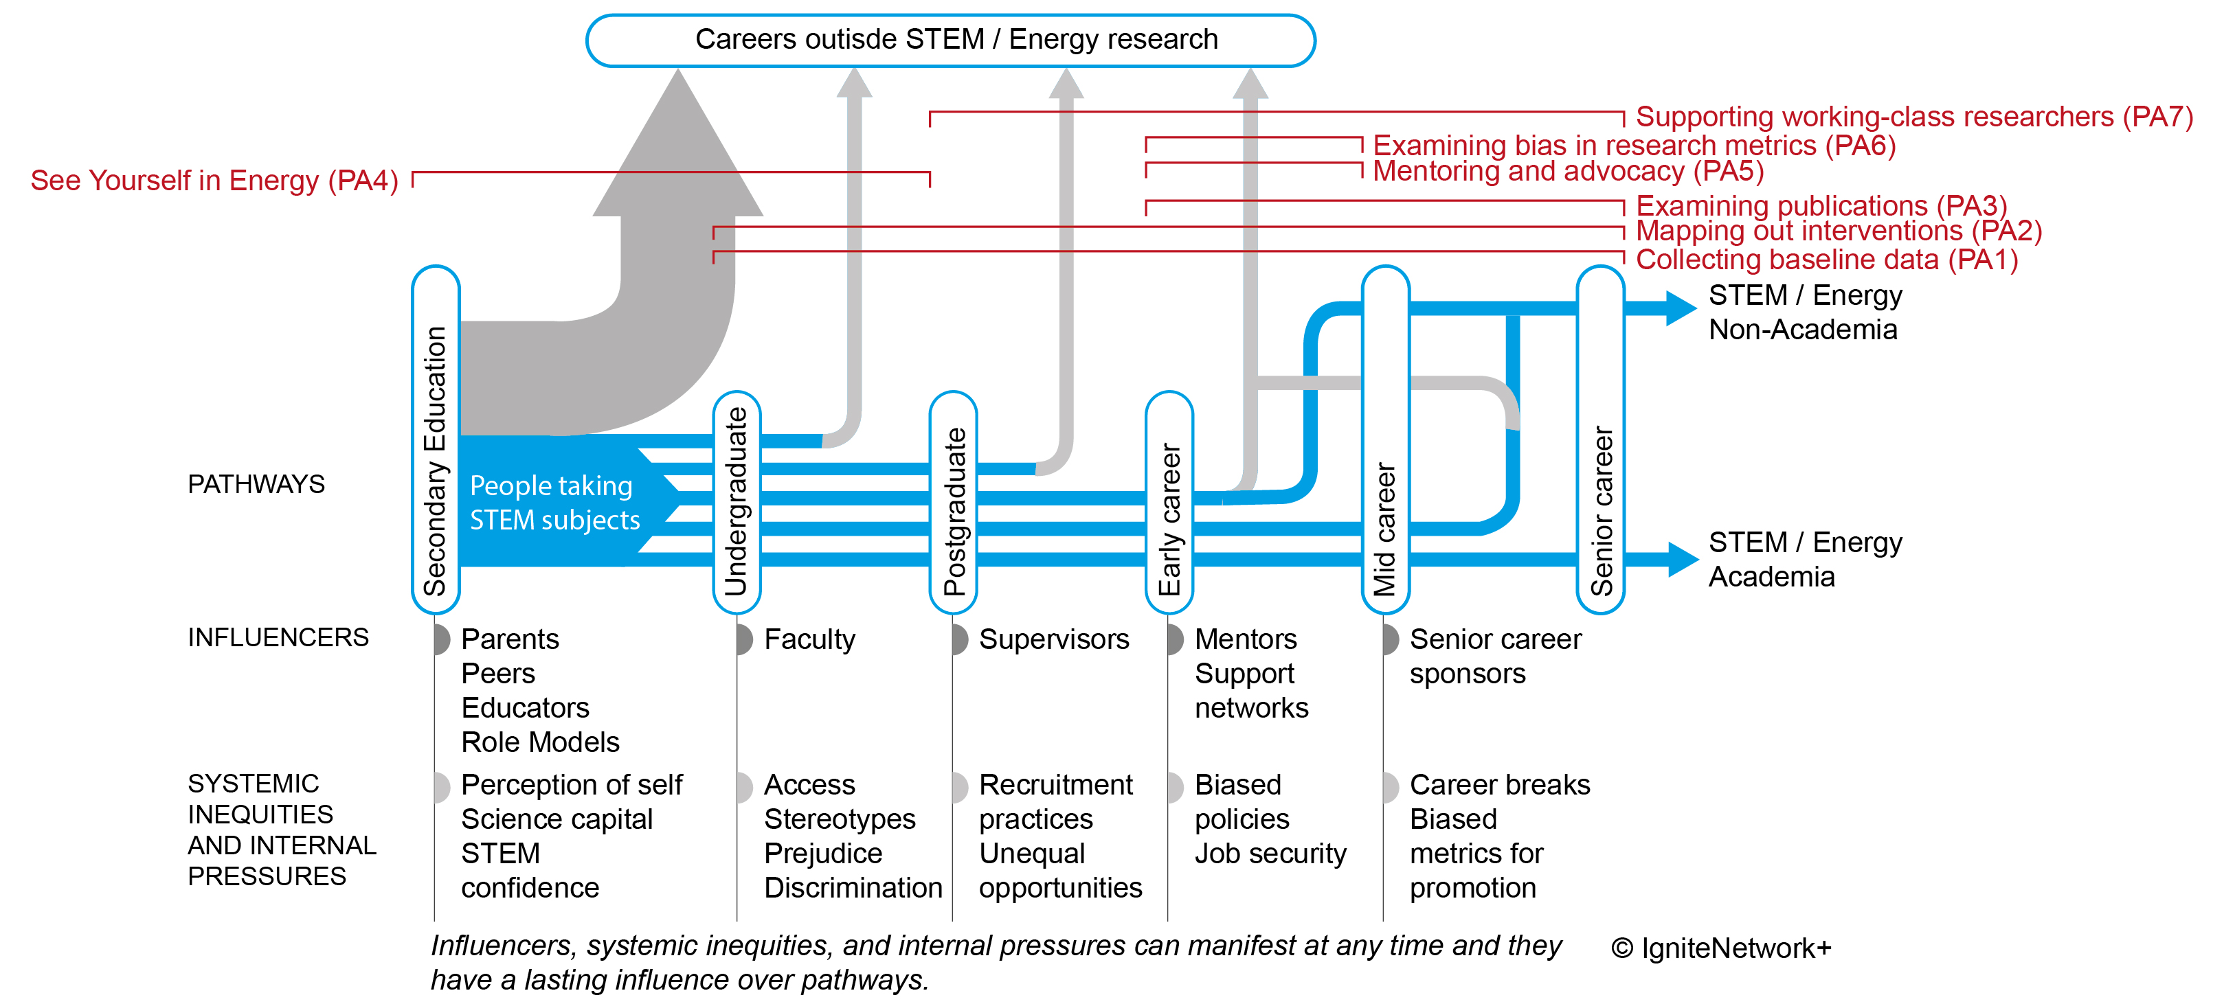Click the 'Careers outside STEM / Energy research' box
point(950,40)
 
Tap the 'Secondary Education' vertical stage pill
point(435,440)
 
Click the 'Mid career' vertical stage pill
point(1385,440)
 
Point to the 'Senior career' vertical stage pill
point(1601,440)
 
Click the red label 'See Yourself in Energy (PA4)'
point(214,181)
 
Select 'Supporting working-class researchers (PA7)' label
point(1913,117)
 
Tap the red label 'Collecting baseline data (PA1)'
point(1826,259)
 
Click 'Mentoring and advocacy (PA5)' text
point(1567,171)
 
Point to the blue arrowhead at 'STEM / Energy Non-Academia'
point(1679,308)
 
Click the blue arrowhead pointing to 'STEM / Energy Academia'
point(1682,558)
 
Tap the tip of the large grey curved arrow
point(679,78)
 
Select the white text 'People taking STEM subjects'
point(554,503)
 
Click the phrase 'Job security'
point(1270,853)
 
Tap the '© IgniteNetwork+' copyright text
point(1720,948)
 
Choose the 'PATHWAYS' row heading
point(256,484)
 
